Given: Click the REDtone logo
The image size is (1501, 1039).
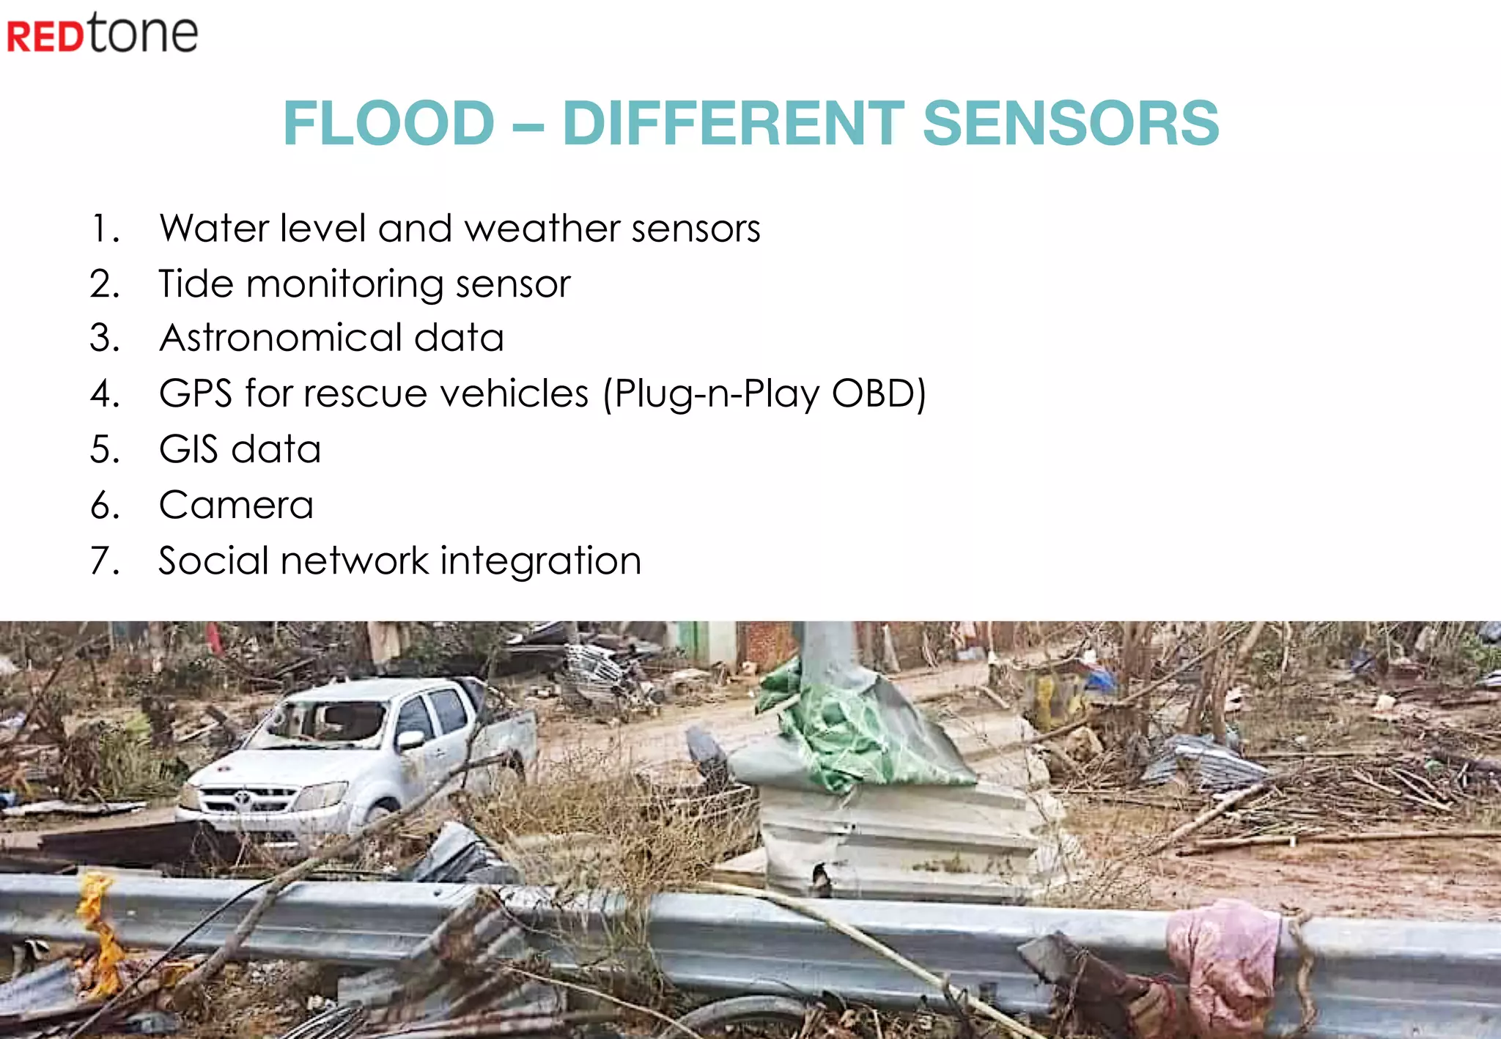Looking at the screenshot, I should tap(102, 34).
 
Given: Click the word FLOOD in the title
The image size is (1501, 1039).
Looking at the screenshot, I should tap(388, 123).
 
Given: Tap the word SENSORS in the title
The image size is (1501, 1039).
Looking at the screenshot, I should tap(1070, 123).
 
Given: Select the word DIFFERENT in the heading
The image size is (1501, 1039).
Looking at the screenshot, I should tap(733, 123).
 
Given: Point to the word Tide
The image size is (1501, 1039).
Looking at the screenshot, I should tap(196, 284).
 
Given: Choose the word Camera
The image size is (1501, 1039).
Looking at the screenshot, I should tap(236, 505).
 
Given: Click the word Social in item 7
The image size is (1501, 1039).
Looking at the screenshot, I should tap(213, 561).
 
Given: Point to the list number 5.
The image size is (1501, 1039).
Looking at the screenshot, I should tap(105, 449).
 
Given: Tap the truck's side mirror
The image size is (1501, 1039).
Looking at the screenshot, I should tap(410, 740).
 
